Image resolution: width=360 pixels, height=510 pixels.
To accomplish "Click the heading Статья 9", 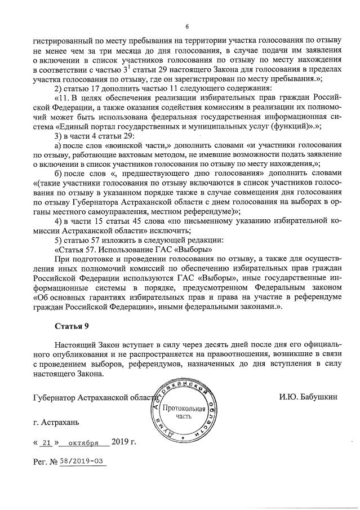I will pos(72,325).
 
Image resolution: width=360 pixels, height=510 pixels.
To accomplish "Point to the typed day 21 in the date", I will pos(47,442).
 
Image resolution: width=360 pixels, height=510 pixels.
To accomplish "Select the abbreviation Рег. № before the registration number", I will pos(45,461).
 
